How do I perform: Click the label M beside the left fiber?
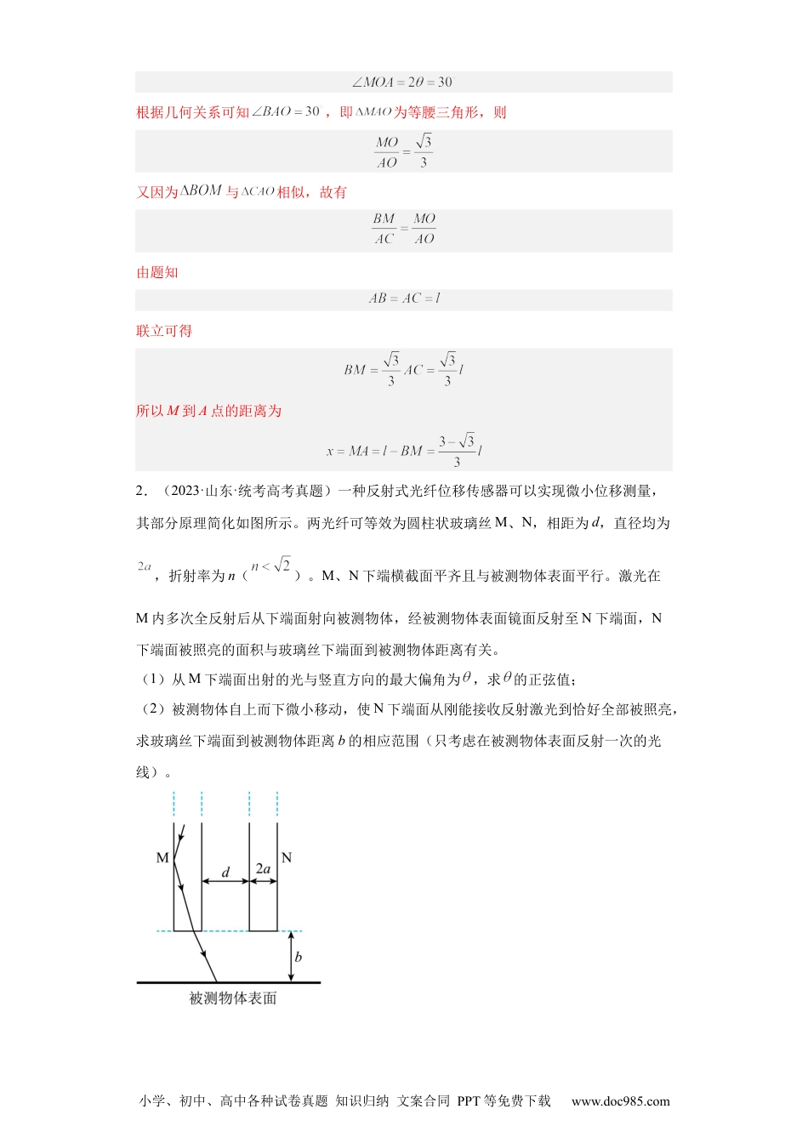click(x=162, y=858)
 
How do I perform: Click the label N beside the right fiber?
click(x=286, y=857)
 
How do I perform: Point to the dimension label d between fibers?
click(x=225, y=872)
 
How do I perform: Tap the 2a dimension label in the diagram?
click(x=263, y=869)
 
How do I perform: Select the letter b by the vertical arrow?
click(x=298, y=957)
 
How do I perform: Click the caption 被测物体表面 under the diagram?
click(x=233, y=998)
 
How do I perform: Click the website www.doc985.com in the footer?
click(x=620, y=1101)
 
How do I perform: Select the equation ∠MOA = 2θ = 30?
click(x=402, y=82)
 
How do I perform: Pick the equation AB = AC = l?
click(x=404, y=299)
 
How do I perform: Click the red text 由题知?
click(x=157, y=272)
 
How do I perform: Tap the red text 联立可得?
click(x=164, y=331)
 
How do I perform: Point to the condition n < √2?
click(x=271, y=566)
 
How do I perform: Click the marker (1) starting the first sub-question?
click(x=152, y=680)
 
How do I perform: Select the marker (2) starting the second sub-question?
click(x=152, y=709)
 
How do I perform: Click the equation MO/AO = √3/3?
click(x=403, y=151)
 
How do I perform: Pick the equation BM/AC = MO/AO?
click(x=403, y=230)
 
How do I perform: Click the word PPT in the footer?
click(x=469, y=1101)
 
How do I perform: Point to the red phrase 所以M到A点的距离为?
click(x=208, y=411)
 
